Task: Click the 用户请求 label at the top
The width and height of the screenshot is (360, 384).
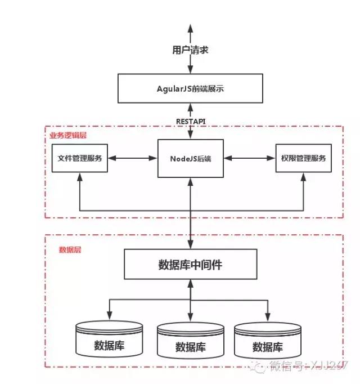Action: pos(190,50)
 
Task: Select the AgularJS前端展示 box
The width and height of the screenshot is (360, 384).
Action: pos(190,88)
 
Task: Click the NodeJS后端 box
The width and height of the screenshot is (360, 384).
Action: pos(190,158)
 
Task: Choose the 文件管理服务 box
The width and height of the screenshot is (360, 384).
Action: pos(80,158)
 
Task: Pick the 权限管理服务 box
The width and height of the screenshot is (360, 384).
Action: pos(303,158)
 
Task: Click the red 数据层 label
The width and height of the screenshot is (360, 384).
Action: pos(70,249)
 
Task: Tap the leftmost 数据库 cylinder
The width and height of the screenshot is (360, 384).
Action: pos(109,340)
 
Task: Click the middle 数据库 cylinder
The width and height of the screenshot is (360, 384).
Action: pos(190,342)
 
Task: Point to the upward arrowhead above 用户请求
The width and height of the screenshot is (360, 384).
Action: pos(191,29)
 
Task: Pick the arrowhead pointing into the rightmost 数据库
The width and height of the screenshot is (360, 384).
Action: pos(268,316)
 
